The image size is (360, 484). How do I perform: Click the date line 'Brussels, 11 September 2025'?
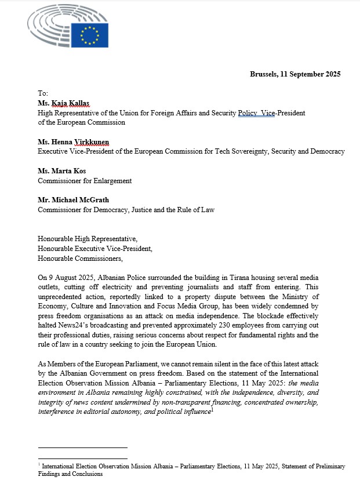(x=295, y=74)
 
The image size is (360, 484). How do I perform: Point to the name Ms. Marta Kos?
(x=60, y=171)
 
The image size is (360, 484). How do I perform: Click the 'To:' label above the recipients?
(x=43, y=93)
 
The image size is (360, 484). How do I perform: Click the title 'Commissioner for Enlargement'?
(x=85, y=180)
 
